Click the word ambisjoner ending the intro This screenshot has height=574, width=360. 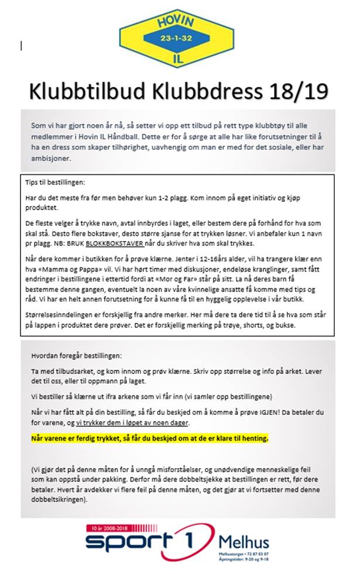coord(52,158)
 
